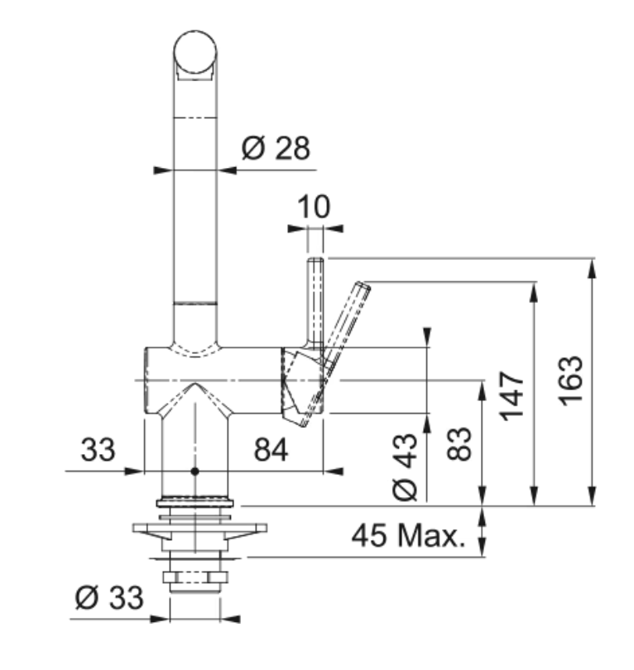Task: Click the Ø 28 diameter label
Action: (276, 148)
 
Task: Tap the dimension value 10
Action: (314, 207)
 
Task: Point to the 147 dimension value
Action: (512, 395)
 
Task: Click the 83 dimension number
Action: (459, 444)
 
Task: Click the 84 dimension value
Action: (271, 449)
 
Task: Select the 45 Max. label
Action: (408, 535)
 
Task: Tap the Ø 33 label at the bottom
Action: (109, 597)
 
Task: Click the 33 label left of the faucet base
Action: (98, 449)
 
